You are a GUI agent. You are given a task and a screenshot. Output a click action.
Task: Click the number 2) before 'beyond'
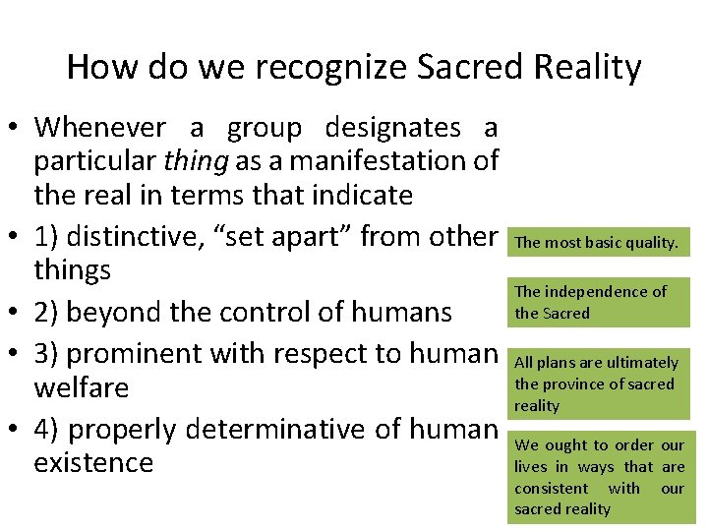(x=50, y=313)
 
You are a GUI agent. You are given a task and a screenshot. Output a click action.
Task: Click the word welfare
(x=82, y=387)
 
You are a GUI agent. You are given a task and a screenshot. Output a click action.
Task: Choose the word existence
(x=93, y=462)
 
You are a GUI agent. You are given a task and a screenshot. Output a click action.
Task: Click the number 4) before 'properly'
(x=50, y=430)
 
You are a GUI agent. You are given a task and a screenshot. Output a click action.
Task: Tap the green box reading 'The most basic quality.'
(x=597, y=242)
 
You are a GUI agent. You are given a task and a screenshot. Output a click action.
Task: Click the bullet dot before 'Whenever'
(x=15, y=129)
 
